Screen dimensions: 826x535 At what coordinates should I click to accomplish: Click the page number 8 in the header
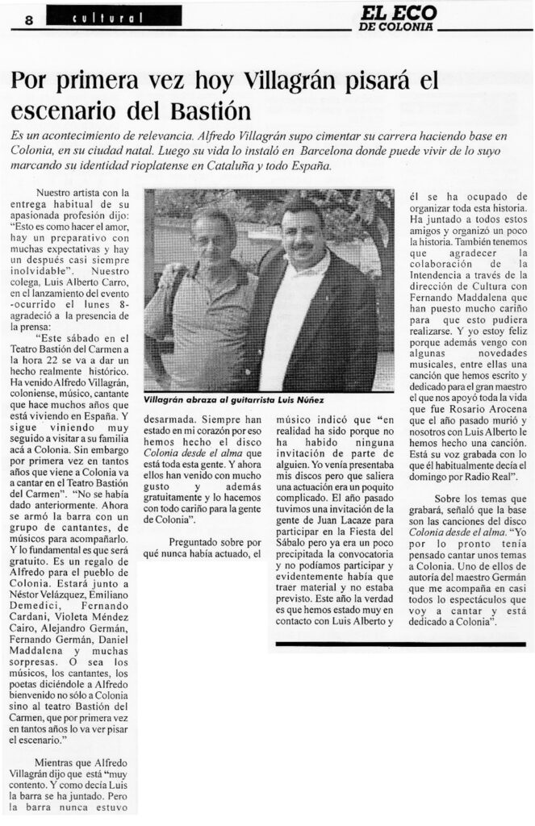pos(28,21)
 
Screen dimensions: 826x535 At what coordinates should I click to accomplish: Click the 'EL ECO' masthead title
pos(399,14)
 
